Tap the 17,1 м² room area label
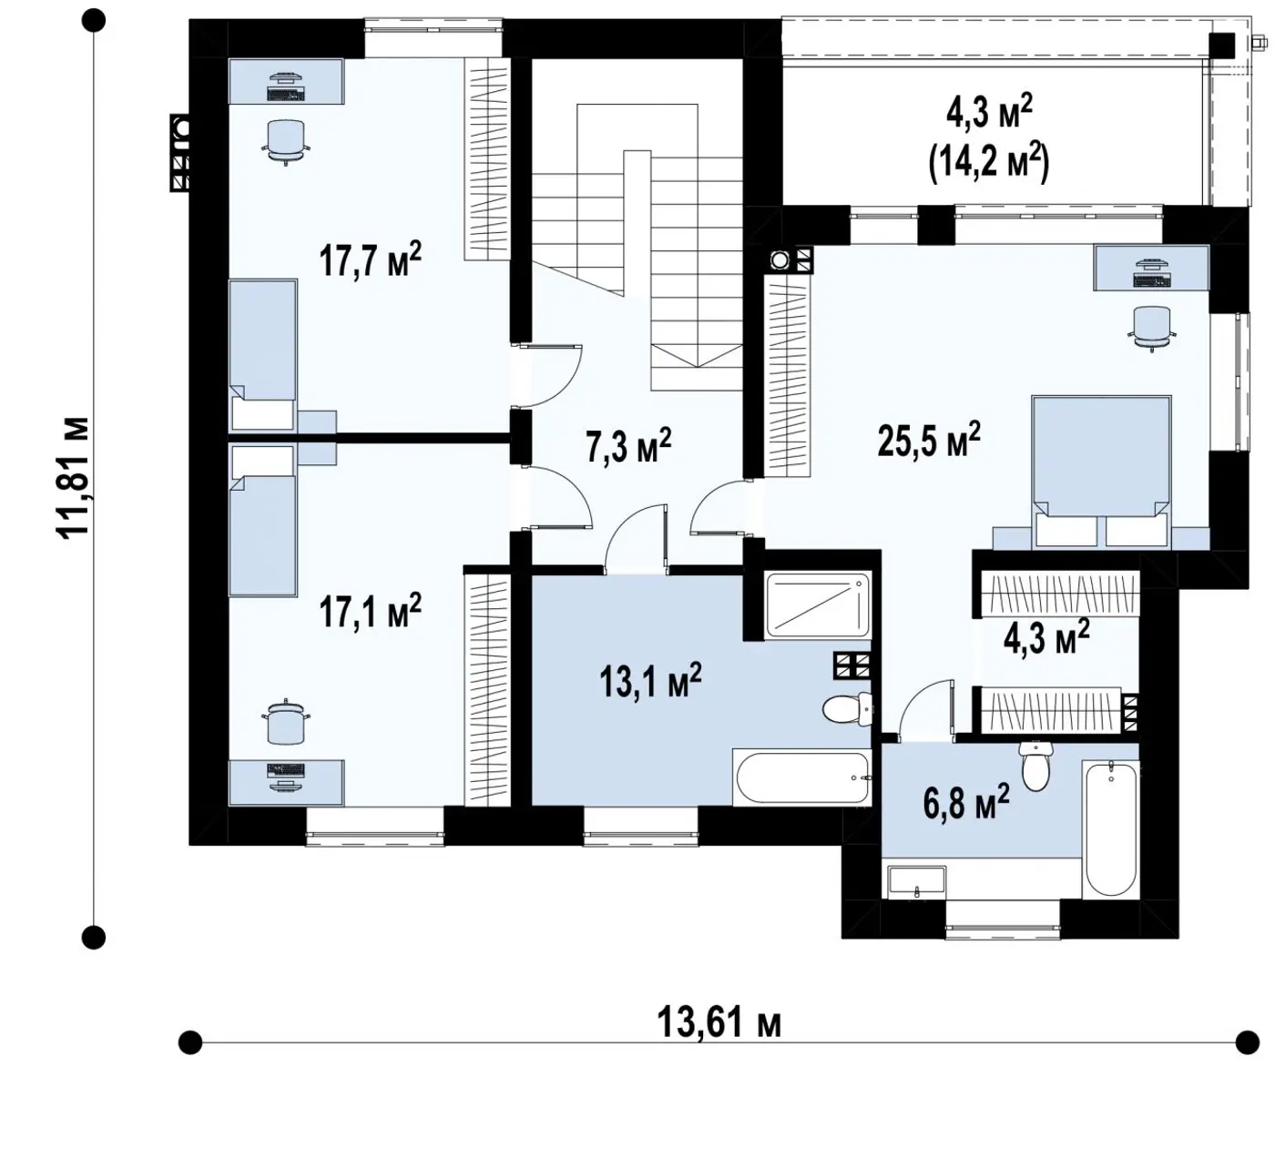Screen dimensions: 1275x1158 pyautogui.click(x=371, y=611)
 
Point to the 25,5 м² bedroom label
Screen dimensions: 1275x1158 pyautogui.click(x=929, y=439)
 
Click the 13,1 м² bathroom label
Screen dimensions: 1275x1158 pyautogui.click(x=650, y=679)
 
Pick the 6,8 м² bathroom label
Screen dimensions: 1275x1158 pyautogui.click(x=967, y=802)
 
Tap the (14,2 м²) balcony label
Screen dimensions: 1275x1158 pyautogui.click(x=989, y=164)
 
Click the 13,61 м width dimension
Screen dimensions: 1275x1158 pyautogui.click(x=719, y=1023)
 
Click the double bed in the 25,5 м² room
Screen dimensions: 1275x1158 pyautogui.click(x=1101, y=471)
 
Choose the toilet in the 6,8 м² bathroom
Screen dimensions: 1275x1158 pyautogui.click(x=1035, y=766)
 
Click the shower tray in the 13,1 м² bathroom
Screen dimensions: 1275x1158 pyautogui.click(x=818, y=605)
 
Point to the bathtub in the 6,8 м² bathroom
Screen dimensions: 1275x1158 pyautogui.click(x=1111, y=829)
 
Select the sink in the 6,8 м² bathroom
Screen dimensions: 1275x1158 pyautogui.click(x=917, y=882)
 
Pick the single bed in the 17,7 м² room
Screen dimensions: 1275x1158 pyautogui.click(x=262, y=355)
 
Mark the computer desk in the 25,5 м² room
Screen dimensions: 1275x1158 pyautogui.click(x=1151, y=268)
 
